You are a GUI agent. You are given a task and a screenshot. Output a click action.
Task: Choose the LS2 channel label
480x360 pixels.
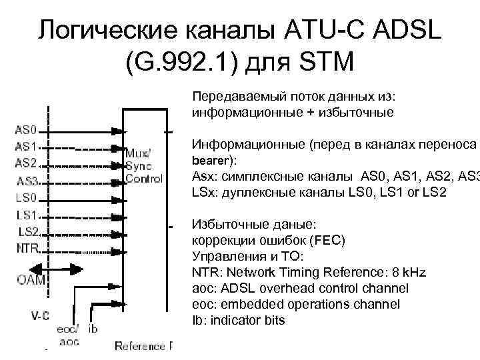click(29, 231)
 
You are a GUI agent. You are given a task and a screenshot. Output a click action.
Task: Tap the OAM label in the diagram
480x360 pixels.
click(31, 281)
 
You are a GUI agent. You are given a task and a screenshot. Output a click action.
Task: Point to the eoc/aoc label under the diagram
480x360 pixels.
click(69, 335)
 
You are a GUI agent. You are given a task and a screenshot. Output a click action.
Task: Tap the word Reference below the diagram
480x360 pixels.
click(138, 345)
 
